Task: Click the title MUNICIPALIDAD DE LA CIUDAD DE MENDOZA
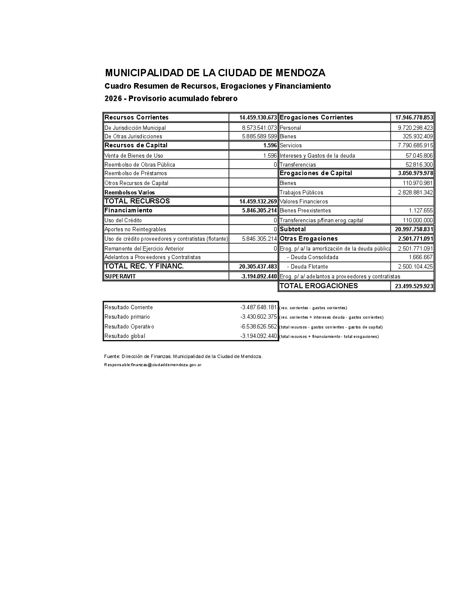coord(215,73)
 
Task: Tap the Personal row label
coord(290,128)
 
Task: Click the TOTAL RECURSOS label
coord(137,201)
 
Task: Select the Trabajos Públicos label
coord(301,193)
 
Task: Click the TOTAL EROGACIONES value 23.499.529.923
coord(414,286)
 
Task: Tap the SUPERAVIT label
coord(120,276)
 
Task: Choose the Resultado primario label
coord(127,317)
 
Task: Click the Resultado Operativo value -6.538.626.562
coord(259,326)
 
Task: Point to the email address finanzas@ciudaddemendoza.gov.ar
coord(166,365)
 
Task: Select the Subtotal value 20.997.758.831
coord(414,229)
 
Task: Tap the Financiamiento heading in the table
coord(128,210)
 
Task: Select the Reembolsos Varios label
coord(130,193)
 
